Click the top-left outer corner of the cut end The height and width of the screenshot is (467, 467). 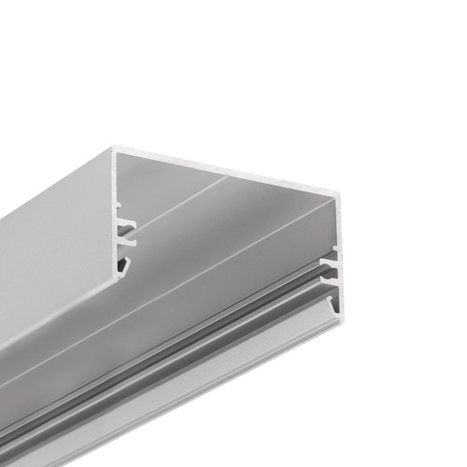113,147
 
